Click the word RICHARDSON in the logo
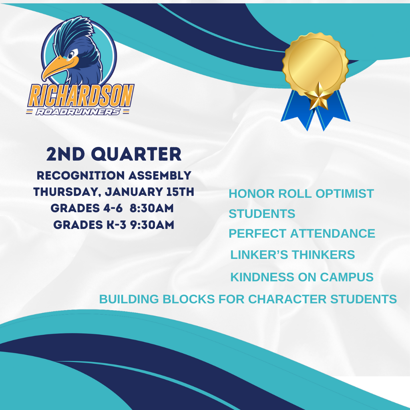81,95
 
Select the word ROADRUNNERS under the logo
78,112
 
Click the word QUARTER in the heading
136,154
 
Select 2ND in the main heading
66,154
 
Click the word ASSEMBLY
160,175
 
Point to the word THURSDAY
66,192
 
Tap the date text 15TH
180,192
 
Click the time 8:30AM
152,208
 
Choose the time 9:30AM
152,225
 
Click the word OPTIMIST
345,194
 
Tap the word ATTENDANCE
333,233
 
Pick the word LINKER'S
259,255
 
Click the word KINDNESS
262,277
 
